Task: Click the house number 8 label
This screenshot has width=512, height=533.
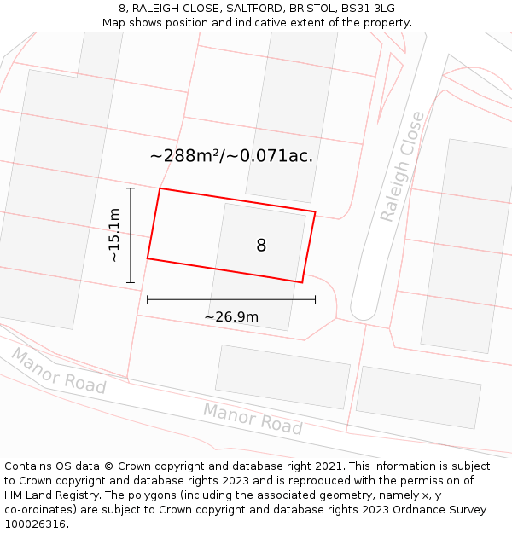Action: pyautogui.click(x=261, y=246)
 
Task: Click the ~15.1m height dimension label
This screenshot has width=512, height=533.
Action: pyautogui.click(x=113, y=235)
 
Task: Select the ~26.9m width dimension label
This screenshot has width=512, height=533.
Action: pyautogui.click(x=231, y=317)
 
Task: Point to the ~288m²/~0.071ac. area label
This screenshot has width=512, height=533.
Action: pyautogui.click(x=231, y=156)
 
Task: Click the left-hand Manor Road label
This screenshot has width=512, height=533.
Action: pyautogui.click(x=58, y=371)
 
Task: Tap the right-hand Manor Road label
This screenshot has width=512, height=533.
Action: pyautogui.click(x=253, y=419)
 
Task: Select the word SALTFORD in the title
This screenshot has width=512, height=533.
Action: pyautogui.click(x=253, y=9)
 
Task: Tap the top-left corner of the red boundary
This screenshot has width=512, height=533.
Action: pyautogui.click(x=160, y=188)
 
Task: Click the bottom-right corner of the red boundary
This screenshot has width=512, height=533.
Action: pyautogui.click(x=302, y=282)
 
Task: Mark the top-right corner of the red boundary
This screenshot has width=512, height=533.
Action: pyautogui.click(x=315, y=211)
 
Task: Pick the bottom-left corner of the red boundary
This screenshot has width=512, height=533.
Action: pyautogui.click(x=148, y=258)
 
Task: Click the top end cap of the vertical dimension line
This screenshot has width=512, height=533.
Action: pyautogui.click(x=131, y=188)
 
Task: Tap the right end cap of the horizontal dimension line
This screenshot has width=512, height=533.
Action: pyautogui.click(x=315, y=299)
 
